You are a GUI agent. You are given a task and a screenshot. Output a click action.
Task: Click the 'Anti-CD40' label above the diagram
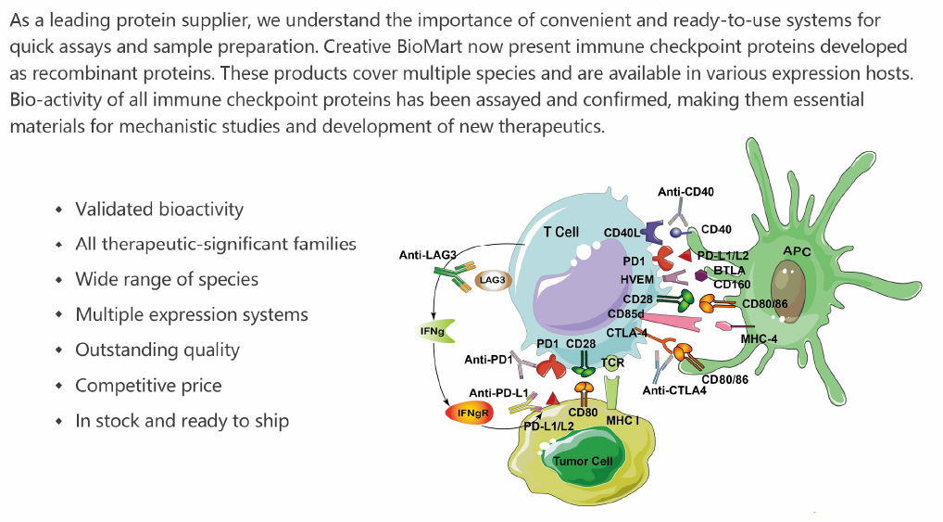(686, 192)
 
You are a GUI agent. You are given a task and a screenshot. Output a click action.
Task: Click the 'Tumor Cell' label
(583, 461)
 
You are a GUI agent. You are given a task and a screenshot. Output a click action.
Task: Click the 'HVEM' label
(638, 279)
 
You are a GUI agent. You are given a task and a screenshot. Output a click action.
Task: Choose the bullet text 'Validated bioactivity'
(159, 209)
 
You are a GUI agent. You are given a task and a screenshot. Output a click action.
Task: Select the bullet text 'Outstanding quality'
(157, 350)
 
